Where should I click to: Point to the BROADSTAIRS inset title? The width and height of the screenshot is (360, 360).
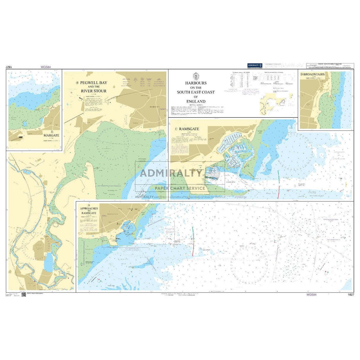coord(314,74)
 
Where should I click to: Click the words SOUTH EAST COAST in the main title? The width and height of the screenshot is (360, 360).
coord(196,92)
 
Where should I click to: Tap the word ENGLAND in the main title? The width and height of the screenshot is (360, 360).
coord(196,101)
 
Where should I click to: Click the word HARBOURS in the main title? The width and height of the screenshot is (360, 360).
coord(196,83)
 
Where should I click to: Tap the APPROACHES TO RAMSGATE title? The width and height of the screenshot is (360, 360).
coord(89,211)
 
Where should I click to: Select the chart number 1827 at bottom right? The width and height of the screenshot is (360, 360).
coord(350,295)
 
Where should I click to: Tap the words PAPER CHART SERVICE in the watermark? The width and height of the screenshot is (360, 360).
coord(180,188)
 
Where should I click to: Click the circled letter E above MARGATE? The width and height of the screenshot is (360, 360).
coord(52,132)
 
